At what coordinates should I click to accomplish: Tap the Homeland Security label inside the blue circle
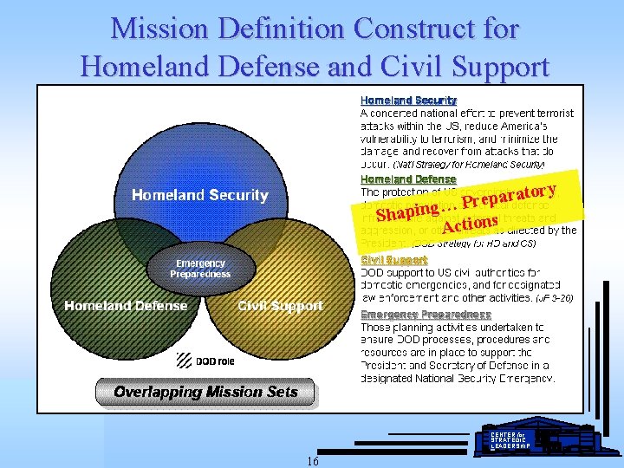[x=199, y=195]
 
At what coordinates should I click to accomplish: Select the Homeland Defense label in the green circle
[x=126, y=305]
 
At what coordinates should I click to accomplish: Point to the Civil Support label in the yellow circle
[x=280, y=305]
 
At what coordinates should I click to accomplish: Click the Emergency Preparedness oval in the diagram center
[x=200, y=269]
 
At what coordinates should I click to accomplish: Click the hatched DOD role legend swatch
[x=184, y=360]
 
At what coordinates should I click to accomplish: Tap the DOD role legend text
[x=213, y=361]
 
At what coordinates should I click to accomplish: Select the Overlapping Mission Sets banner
[x=205, y=392]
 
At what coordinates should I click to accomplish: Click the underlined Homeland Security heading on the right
[x=408, y=101]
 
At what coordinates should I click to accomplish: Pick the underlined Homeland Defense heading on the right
[x=407, y=179]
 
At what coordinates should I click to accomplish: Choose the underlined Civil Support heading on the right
[x=393, y=259]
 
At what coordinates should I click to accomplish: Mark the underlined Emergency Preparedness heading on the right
[x=426, y=315]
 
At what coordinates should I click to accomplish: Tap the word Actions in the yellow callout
[x=469, y=224]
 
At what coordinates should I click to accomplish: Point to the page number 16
[x=312, y=461]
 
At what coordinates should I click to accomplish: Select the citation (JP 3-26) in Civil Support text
[x=552, y=297]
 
